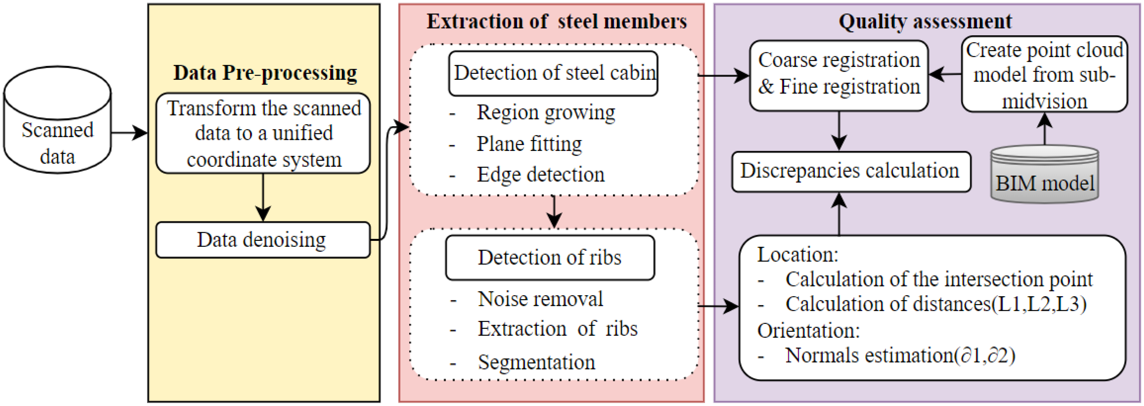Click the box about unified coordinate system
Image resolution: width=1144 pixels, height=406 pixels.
[263, 133]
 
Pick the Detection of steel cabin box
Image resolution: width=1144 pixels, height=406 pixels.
[553, 73]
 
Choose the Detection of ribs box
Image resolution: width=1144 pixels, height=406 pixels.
[550, 258]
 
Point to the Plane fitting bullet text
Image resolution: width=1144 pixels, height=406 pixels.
[529, 144]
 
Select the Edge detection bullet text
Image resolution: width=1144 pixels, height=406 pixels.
[540, 175]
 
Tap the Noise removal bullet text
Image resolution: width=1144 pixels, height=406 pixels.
[540, 299]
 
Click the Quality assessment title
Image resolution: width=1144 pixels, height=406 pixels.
[925, 22]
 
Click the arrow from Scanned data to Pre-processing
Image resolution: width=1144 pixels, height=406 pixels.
[129, 132]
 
